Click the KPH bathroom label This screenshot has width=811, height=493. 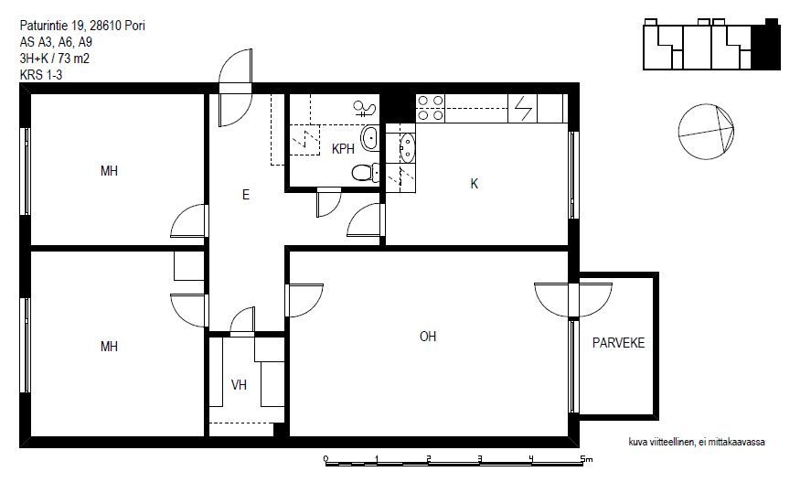[x=343, y=149]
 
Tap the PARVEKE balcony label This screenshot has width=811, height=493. [x=619, y=343]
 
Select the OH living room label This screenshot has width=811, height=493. [x=428, y=337]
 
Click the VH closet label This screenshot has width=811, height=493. [x=239, y=385]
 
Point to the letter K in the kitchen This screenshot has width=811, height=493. [x=475, y=184]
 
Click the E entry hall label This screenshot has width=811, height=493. [x=246, y=195]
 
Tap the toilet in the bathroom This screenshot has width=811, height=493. [x=365, y=172]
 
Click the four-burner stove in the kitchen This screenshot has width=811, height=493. [x=431, y=108]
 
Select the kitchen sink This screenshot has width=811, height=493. [x=407, y=147]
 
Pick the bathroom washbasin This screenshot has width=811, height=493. [x=369, y=138]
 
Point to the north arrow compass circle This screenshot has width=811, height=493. [x=706, y=132]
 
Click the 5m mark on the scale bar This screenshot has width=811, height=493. [x=585, y=459]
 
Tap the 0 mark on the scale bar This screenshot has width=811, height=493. [x=325, y=459]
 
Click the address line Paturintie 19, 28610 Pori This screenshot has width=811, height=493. [x=82, y=26]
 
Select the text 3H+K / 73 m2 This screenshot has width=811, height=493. [x=54, y=59]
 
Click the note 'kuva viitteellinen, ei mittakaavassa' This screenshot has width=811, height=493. [x=697, y=442]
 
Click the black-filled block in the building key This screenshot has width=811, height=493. [x=765, y=46]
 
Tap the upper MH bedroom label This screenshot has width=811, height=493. [x=109, y=171]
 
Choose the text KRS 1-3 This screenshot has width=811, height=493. [x=41, y=75]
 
